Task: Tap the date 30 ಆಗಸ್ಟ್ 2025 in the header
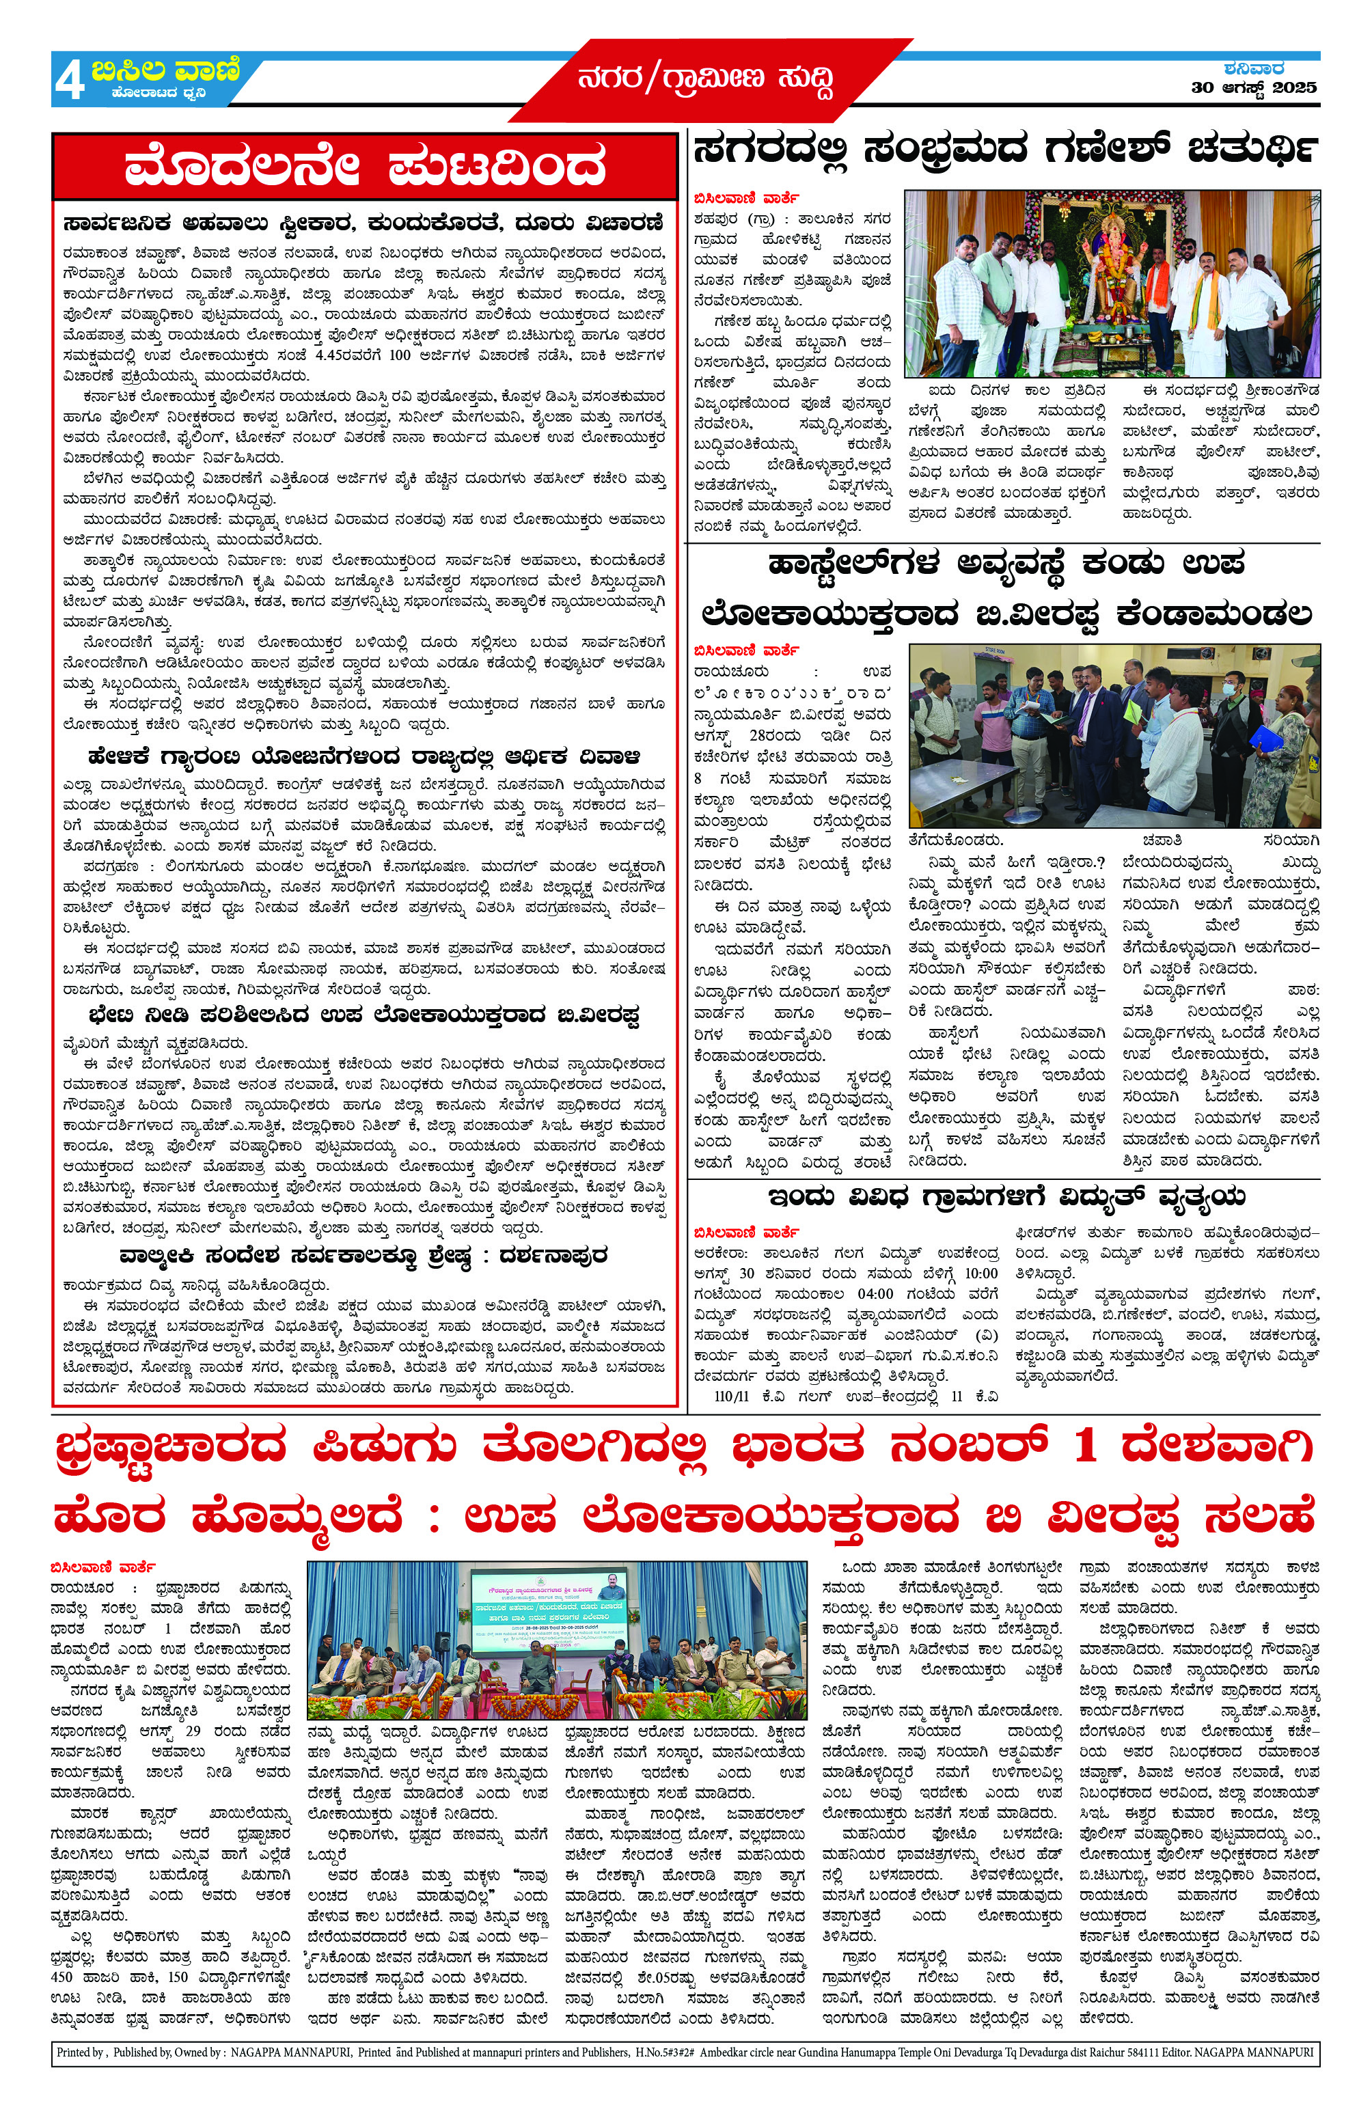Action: coord(1254,87)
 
